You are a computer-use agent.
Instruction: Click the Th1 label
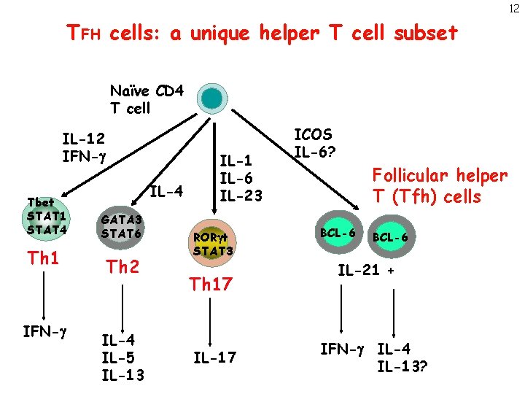coord(43,259)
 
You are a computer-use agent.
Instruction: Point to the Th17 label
coord(210,285)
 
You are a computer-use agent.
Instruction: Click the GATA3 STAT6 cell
coord(122,227)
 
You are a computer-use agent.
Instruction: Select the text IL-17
coord(214,358)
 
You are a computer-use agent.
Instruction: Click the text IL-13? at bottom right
coord(402,365)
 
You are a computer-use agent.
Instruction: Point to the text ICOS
coord(313,135)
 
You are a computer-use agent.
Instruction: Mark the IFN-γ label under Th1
coord(43,333)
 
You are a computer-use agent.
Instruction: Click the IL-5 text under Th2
coord(117,358)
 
